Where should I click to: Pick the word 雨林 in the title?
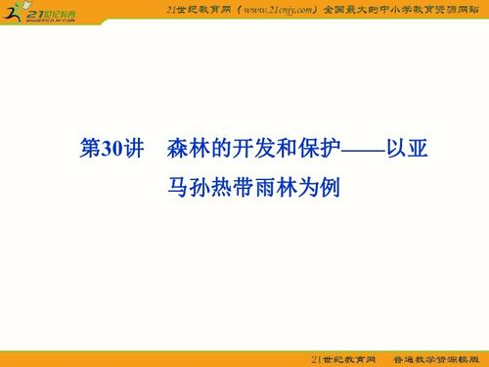277,185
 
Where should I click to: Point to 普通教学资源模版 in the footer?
437,358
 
